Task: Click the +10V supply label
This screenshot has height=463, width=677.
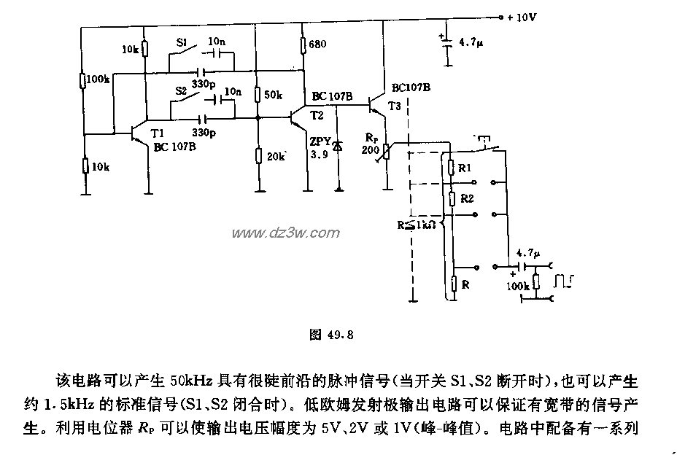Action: point(522,17)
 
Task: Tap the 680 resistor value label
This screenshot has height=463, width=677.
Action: point(318,44)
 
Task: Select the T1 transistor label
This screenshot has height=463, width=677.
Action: point(157,133)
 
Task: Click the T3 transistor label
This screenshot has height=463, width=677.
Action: point(394,106)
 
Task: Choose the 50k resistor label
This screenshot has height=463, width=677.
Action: point(274,96)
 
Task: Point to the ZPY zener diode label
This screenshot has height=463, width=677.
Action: point(320,142)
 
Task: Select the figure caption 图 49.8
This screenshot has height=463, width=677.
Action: point(332,335)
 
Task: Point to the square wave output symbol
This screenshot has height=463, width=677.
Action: point(564,279)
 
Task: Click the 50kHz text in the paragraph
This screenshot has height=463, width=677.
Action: point(191,381)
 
